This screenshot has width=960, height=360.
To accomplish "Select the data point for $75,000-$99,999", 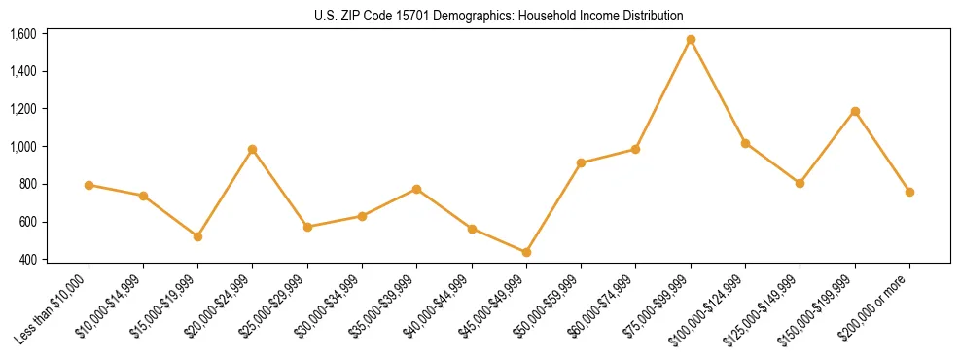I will pyautogui.click(x=691, y=40).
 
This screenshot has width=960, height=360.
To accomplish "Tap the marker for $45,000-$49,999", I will pyautogui.click(x=526, y=252).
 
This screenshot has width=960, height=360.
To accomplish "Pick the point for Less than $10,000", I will pyautogui.click(x=89, y=185).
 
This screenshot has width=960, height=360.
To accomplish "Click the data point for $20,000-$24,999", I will pyautogui.click(x=253, y=149).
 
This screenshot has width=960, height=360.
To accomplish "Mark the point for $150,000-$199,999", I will pyautogui.click(x=855, y=111).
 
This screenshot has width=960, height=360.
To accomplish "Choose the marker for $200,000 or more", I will pyautogui.click(x=909, y=192).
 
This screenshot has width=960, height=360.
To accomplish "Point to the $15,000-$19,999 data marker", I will pyautogui.click(x=198, y=236).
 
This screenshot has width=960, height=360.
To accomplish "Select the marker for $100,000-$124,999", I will pyautogui.click(x=745, y=143).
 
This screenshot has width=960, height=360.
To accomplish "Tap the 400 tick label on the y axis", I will pyautogui.click(x=27, y=260).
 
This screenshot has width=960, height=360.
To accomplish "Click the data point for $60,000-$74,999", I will pyautogui.click(x=635, y=149).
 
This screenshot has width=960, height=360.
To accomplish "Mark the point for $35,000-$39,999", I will pyautogui.click(x=416, y=189).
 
